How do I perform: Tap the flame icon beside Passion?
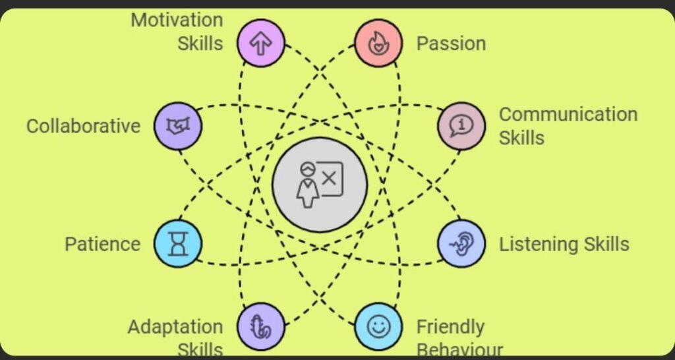click(x=378, y=44)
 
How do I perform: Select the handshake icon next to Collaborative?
click(x=178, y=125)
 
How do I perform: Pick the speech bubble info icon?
click(x=461, y=125)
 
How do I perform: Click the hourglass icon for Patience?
click(x=178, y=243)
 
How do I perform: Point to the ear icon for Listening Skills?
click(x=461, y=243)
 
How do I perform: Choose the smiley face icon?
click(x=378, y=326)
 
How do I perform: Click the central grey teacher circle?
click(x=320, y=185)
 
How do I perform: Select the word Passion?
click(x=451, y=44)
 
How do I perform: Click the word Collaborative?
click(x=83, y=125)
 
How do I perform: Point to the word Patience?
click(x=102, y=244)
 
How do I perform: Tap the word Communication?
click(x=568, y=114)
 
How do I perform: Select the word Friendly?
click(x=450, y=326)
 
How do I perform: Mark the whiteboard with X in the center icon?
click(x=332, y=176)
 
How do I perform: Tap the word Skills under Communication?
click(x=521, y=138)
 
